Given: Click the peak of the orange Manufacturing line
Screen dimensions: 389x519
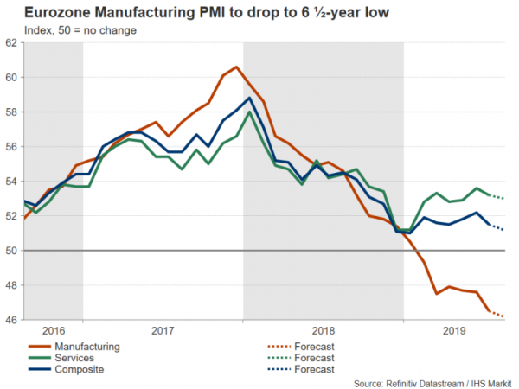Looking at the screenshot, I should [x=237, y=67].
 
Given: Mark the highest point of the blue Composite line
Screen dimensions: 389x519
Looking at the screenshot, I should [x=250, y=98].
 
